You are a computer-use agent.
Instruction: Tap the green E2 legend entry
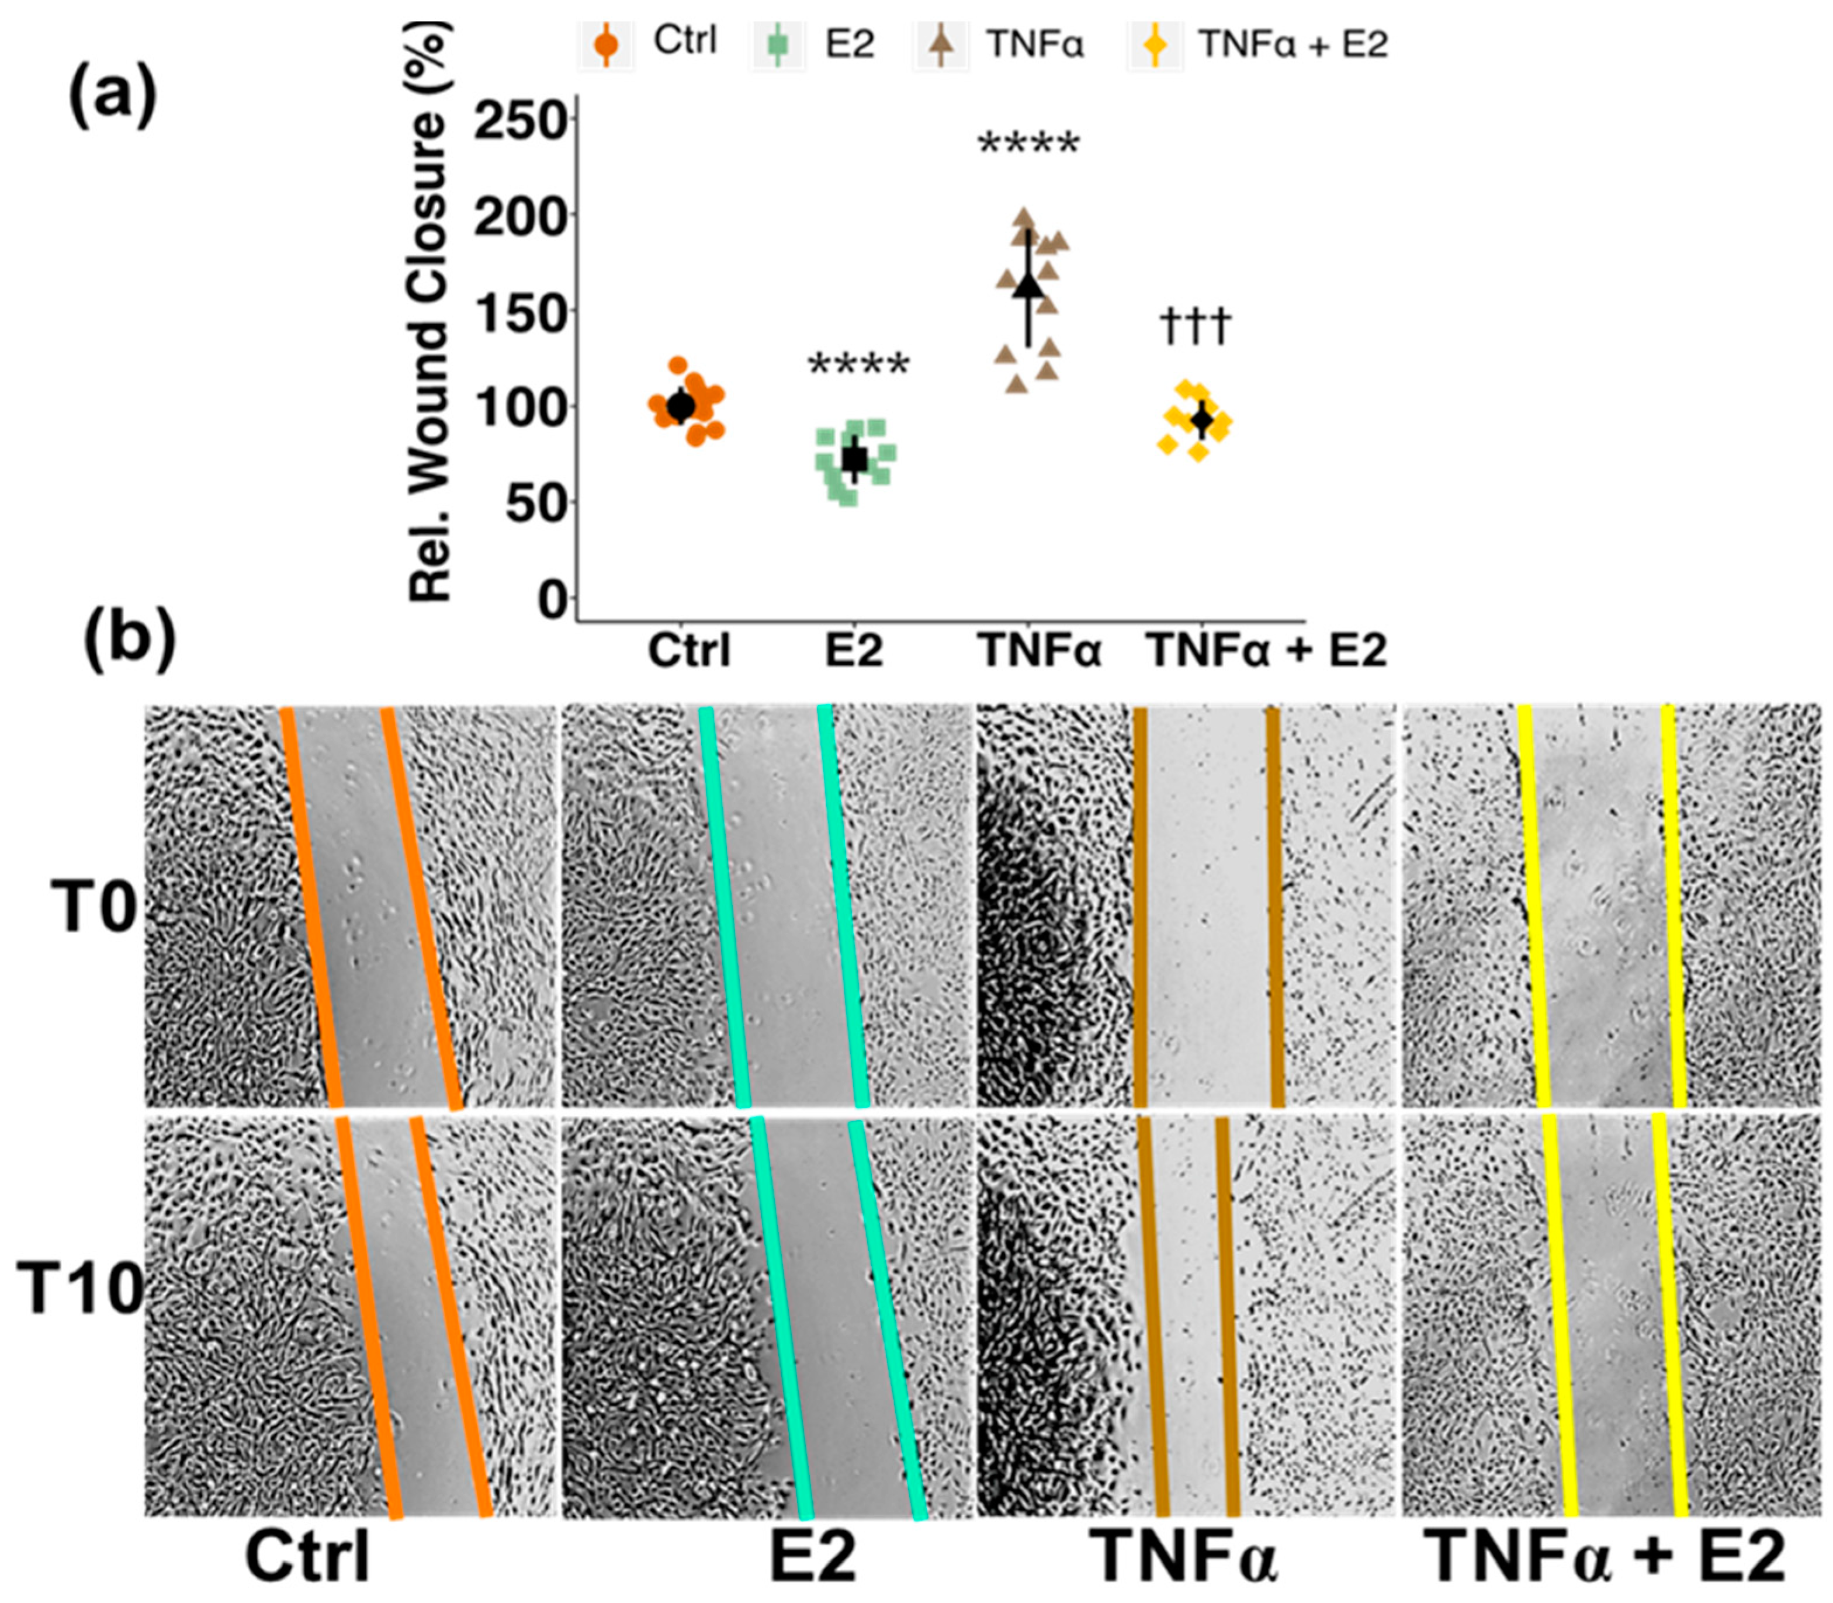point(813,44)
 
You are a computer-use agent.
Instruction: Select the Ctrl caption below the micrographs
point(308,1557)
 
